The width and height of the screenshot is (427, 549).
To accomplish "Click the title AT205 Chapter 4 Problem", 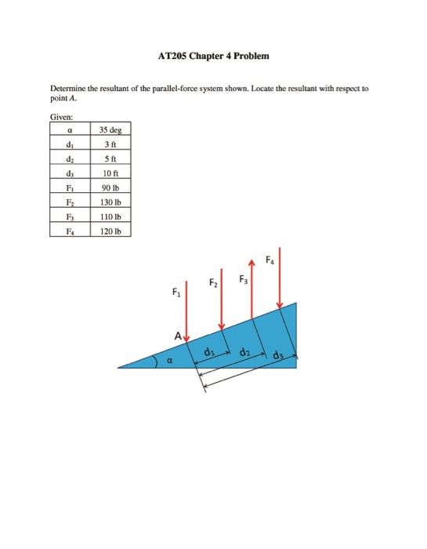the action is click(213, 56).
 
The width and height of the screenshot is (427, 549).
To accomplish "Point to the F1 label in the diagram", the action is click(176, 293).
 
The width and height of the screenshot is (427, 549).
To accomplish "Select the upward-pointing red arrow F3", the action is click(251, 290).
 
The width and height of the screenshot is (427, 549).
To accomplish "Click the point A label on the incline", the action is click(179, 336).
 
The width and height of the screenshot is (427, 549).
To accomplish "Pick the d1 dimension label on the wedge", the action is click(209, 352).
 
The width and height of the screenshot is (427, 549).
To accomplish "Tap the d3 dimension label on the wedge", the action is click(280, 355).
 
